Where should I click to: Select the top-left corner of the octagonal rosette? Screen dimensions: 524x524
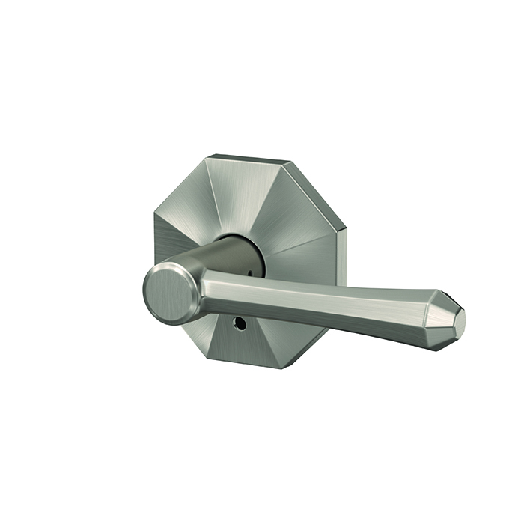click(209, 156)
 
